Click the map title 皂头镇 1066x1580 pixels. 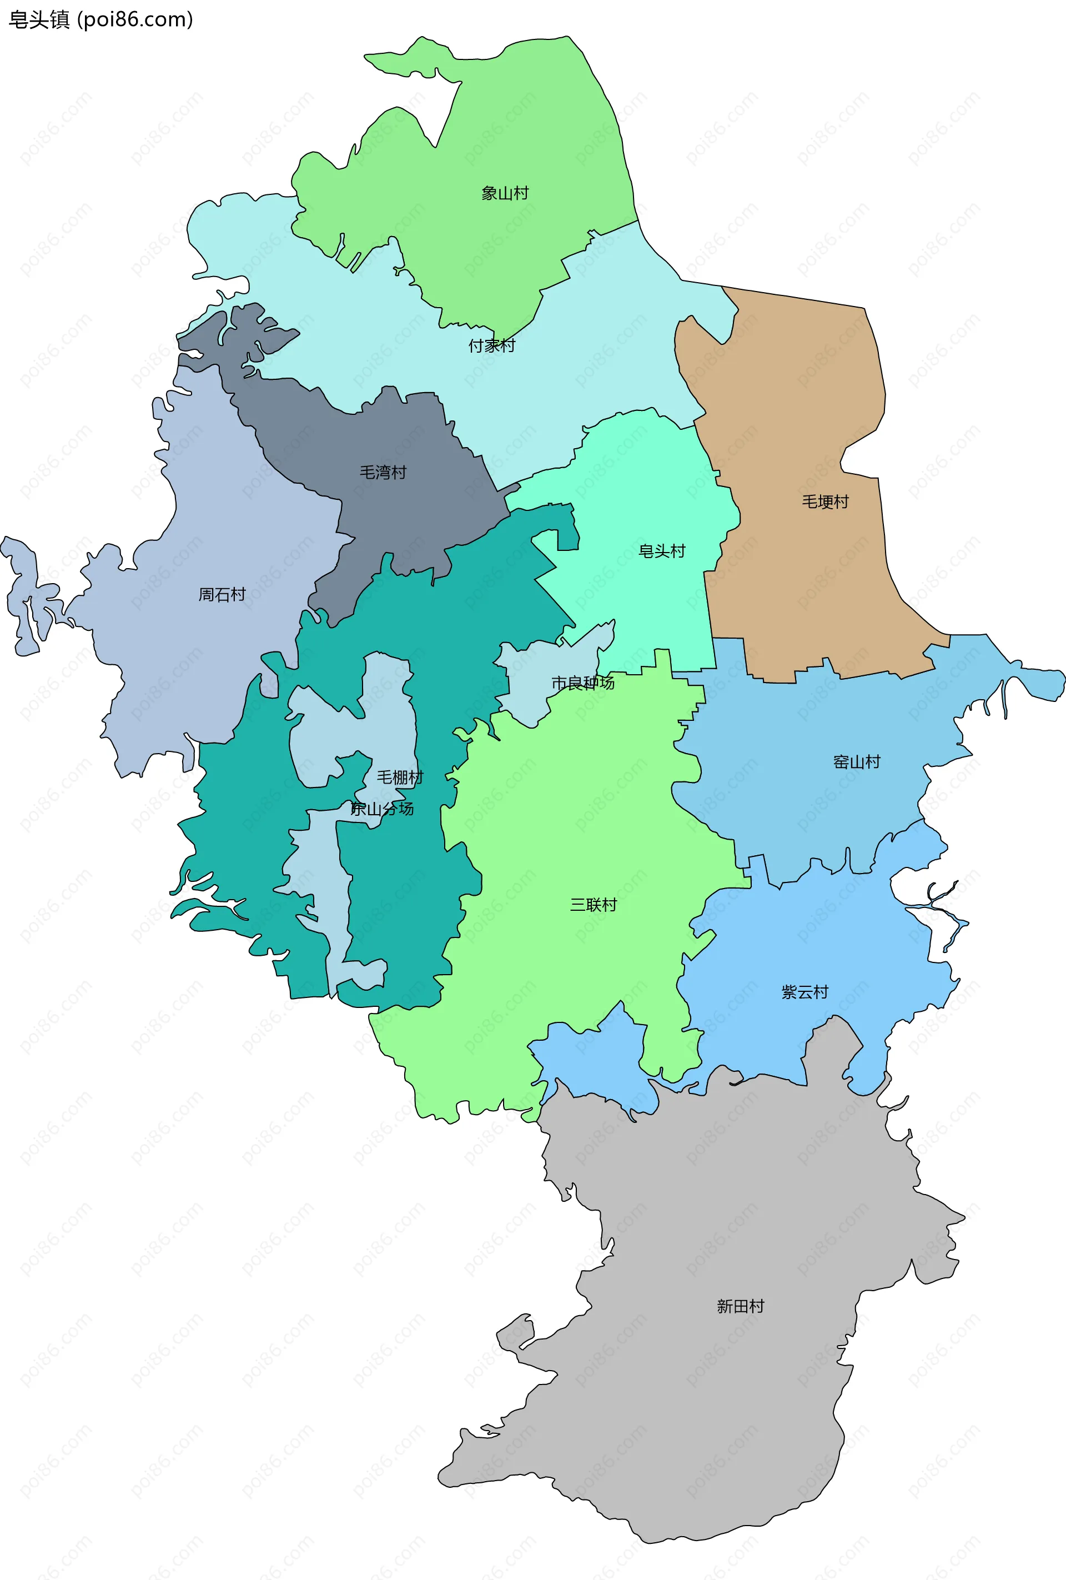pyautogui.click(x=39, y=20)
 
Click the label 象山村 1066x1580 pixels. pyautogui.click(x=505, y=193)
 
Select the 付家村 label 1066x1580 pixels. pyautogui.click(x=491, y=345)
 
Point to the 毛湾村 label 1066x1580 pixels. pyautogui.click(x=383, y=472)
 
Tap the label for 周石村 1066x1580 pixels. pyautogui.click(x=222, y=594)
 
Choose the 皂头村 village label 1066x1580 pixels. pyautogui.click(x=661, y=551)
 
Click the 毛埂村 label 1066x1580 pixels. pyautogui.click(x=826, y=501)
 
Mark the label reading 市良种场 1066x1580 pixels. pyautogui.click(x=582, y=683)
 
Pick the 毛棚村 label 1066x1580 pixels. pyautogui.click(x=400, y=777)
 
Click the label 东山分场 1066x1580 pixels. pyautogui.click(x=382, y=809)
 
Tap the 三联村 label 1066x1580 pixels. pyautogui.click(x=594, y=904)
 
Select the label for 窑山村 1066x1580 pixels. pyautogui.click(x=857, y=761)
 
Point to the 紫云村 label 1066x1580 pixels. pyautogui.click(x=805, y=992)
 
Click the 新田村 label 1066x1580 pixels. pyautogui.click(x=740, y=1306)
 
